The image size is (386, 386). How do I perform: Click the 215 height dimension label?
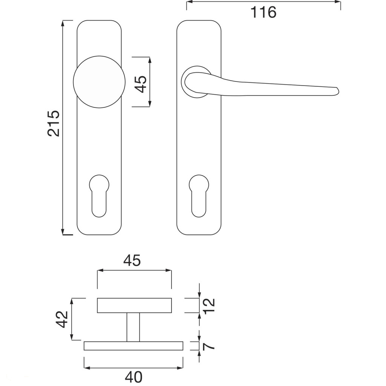point(54,123)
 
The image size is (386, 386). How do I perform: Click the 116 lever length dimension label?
point(263,12)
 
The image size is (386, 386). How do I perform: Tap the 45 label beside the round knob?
point(141,84)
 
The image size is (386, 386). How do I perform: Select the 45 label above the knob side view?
point(132,260)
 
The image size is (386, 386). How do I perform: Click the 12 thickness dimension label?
point(209,305)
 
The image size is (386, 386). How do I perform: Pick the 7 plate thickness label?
point(209,346)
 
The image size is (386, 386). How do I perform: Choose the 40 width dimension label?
point(134,377)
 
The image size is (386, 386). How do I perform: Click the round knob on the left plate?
point(99,82)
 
